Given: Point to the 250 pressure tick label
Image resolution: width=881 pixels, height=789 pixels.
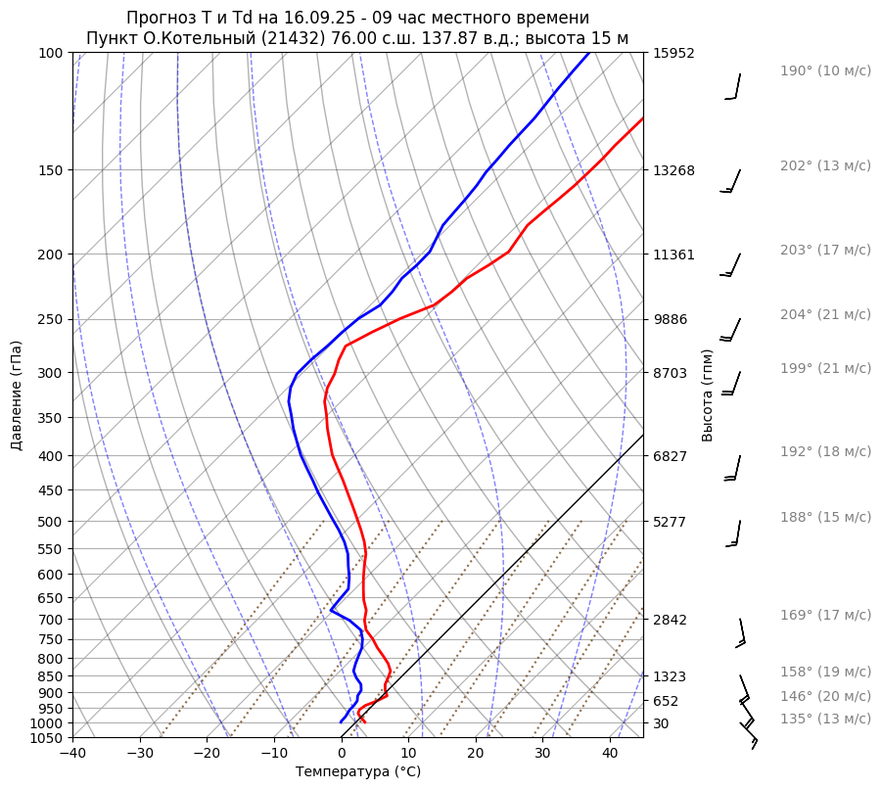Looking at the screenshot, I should (x=52, y=319).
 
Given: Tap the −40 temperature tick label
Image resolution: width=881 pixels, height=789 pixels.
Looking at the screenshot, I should (x=72, y=754).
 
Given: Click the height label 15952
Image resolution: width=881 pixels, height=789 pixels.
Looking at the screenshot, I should (x=673, y=53).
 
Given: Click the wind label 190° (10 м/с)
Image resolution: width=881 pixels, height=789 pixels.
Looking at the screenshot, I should (x=825, y=70).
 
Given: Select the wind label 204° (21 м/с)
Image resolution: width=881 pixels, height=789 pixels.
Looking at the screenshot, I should (x=825, y=314).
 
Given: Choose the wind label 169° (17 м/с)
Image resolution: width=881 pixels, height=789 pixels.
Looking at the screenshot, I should (x=825, y=615).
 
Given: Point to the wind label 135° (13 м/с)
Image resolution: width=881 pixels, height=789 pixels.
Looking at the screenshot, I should (x=825, y=719).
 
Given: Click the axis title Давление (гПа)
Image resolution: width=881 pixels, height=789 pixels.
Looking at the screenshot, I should (x=17, y=395).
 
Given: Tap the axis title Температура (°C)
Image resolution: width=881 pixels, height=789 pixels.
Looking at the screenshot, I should (x=358, y=772).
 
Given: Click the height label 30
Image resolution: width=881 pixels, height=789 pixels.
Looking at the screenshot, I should (x=661, y=723).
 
